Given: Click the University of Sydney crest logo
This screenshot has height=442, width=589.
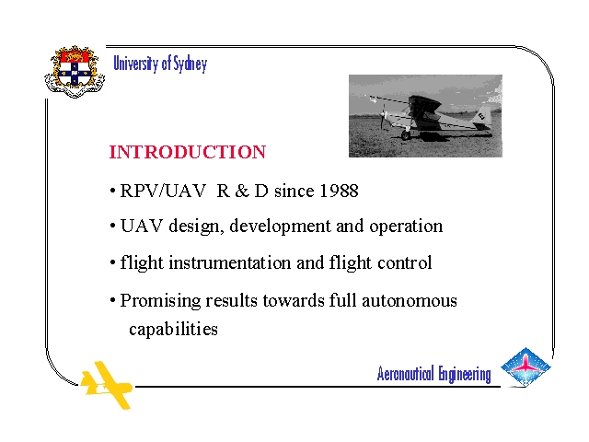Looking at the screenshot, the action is pos(75,72).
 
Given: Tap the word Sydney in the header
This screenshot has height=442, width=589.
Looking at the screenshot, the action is pos(191,64).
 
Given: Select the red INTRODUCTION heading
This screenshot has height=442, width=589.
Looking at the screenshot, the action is pos(188,152).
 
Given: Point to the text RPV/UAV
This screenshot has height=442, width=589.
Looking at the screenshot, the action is pos(163,191).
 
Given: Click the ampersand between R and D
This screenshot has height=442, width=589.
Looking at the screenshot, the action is pos(242,191).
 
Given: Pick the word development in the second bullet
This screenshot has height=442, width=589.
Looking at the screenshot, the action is pos(280,227).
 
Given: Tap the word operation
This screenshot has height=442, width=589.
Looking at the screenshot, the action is pos(406,227).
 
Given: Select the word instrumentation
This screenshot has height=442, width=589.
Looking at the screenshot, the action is pos(229,262).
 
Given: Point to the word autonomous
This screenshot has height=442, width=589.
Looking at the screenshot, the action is pos(410,301).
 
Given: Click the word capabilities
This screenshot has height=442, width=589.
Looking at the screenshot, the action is pos(173,330).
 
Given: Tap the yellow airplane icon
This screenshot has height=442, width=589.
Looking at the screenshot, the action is pos(107,385).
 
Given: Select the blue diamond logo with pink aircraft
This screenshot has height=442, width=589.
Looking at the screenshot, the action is pos(525,367).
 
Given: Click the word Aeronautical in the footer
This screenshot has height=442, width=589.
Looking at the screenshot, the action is pos(405,373).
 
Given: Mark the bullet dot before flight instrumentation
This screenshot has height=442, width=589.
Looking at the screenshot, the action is pos(112,263).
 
